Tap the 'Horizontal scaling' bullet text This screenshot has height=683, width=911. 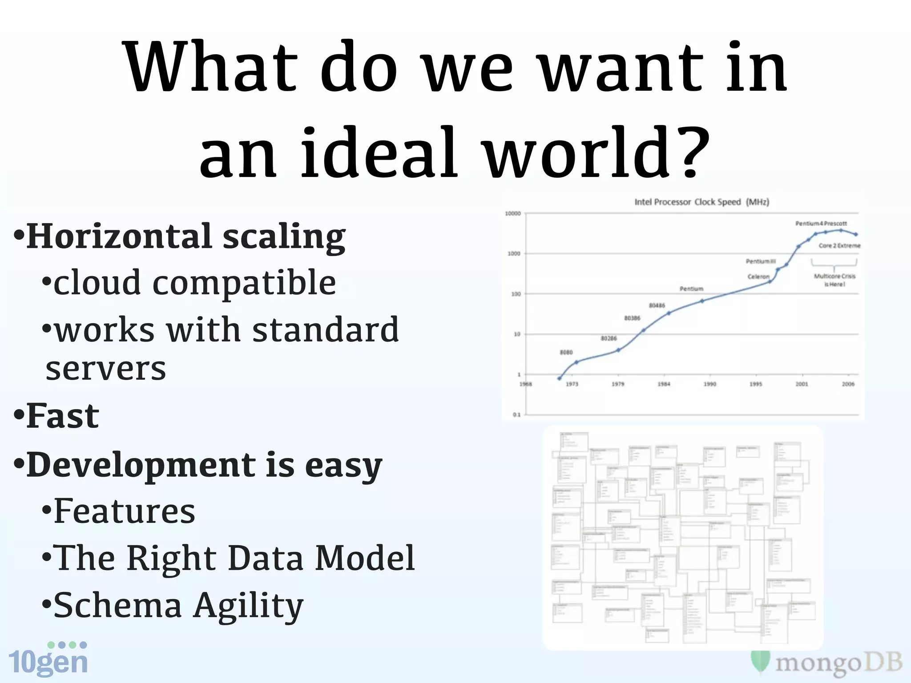tap(185, 236)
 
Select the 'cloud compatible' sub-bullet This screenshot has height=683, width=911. tap(194, 283)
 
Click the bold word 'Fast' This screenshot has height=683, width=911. tap(63, 416)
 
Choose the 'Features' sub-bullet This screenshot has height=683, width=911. tap(124, 511)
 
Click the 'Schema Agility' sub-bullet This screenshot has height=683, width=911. tap(178, 605)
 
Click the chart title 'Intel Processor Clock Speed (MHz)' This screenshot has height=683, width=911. tap(701, 202)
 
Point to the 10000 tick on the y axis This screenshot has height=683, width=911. tap(513, 213)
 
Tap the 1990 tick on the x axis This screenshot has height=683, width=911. tap(709, 384)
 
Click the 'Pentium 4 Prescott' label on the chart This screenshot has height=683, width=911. tap(821, 223)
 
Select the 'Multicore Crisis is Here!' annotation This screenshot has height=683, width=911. tap(834, 280)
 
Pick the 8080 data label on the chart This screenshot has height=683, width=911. tap(566, 352)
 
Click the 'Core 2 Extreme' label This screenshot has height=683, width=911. tap(839, 245)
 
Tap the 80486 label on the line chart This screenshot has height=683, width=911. tap(657, 305)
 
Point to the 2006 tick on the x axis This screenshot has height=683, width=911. tap(848, 384)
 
